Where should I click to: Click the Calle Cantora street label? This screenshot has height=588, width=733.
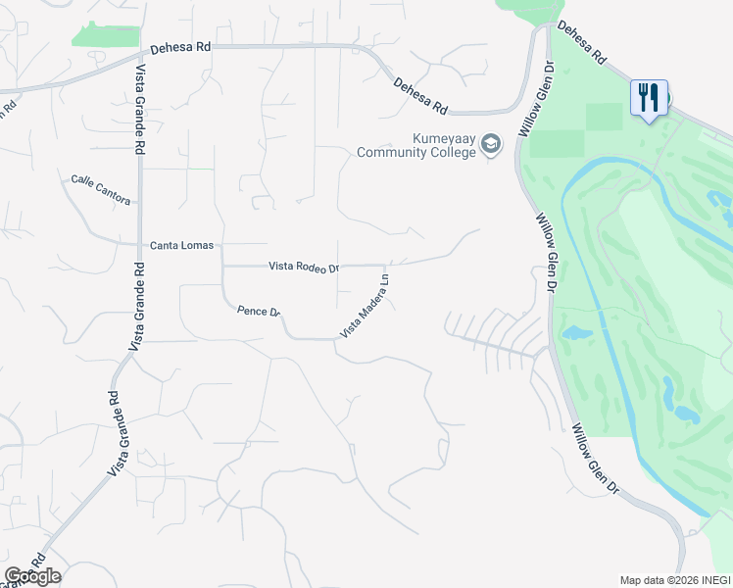100,190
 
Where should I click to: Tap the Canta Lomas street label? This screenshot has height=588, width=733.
181,245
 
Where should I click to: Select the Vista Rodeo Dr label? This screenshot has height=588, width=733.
304,267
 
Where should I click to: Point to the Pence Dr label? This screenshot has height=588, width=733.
259,312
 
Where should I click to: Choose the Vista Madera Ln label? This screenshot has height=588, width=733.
366,306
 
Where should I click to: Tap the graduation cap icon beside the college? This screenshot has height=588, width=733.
490,146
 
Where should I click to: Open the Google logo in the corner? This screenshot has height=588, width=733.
32,575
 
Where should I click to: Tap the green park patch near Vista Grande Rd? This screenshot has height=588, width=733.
105,35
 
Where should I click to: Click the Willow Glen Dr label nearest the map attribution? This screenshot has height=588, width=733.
597,460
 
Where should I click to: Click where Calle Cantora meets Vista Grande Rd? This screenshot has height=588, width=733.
139,205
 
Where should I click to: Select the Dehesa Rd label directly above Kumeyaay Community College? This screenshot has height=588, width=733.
420,97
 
